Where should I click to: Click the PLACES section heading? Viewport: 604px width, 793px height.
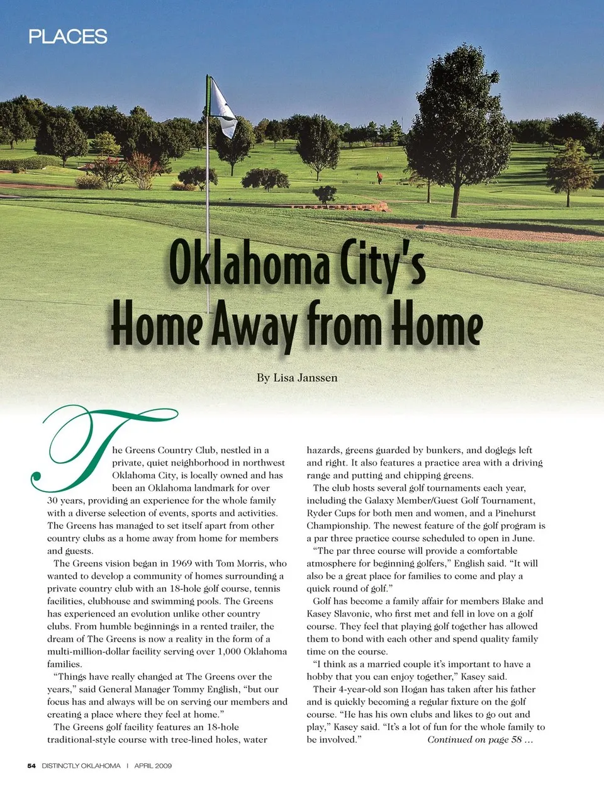(68, 37)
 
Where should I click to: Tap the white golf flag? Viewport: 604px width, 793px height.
(222, 107)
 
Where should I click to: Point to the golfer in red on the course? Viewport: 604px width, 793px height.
(379, 177)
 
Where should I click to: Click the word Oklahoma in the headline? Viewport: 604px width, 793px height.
(249, 263)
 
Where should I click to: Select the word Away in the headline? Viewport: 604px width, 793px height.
(254, 324)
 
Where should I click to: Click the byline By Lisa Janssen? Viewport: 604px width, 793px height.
(297, 378)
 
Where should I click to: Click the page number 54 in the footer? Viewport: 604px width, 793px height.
(31, 766)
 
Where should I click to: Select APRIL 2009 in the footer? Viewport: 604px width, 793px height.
(153, 766)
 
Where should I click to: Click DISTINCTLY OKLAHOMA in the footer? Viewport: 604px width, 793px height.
(81, 766)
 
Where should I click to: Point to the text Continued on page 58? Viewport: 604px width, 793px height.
(480, 740)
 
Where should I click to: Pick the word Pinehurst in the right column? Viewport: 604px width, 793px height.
(515, 513)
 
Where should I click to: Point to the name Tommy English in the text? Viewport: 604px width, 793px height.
(207, 689)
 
